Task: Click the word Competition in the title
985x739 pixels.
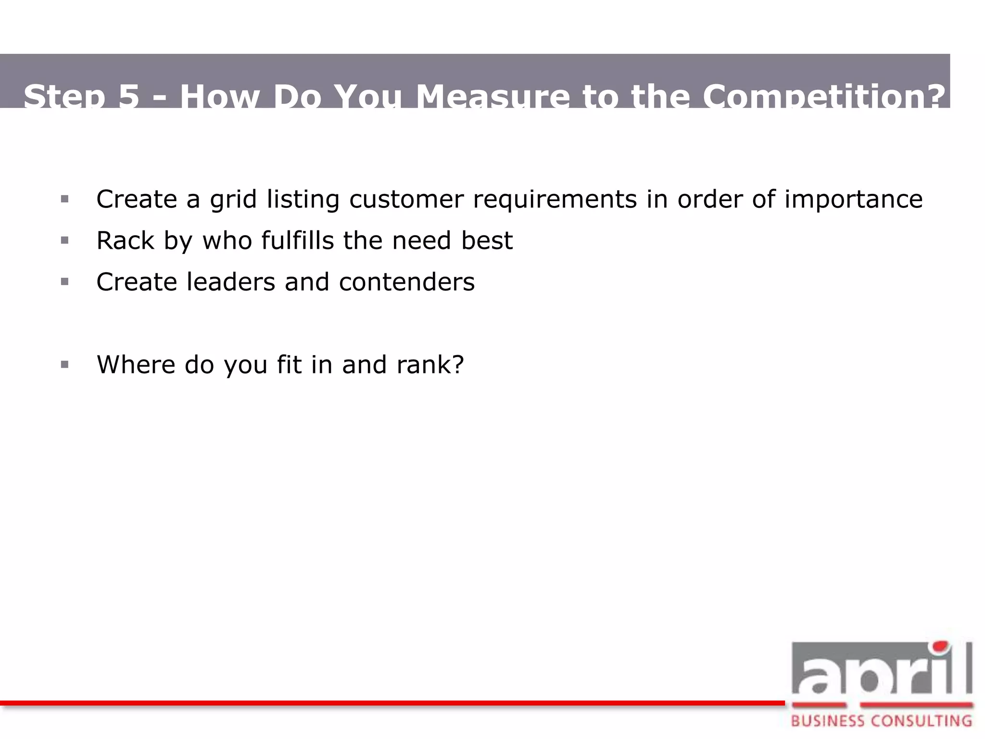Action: click(x=823, y=96)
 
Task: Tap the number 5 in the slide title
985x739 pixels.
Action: click(x=128, y=96)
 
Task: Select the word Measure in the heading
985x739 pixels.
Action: click(x=492, y=96)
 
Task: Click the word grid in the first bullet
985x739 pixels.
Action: click(x=233, y=200)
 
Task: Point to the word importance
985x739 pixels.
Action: click(x=853, y=200)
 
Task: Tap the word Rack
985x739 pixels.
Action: click(x=125, y=241)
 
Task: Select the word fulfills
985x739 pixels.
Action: click(x=298, y=241)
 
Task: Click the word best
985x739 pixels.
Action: click(x=487, y=241)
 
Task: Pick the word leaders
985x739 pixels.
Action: click(x=231, y=282)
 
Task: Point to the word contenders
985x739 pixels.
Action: click(x=407, y=282)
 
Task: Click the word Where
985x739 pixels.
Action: click(x=136, y=365)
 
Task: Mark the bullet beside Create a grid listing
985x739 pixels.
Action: click(x=65, y=199)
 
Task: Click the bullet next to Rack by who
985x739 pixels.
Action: click(x=65, y=240)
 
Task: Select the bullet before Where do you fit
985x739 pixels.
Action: click(x=65, y=365)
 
